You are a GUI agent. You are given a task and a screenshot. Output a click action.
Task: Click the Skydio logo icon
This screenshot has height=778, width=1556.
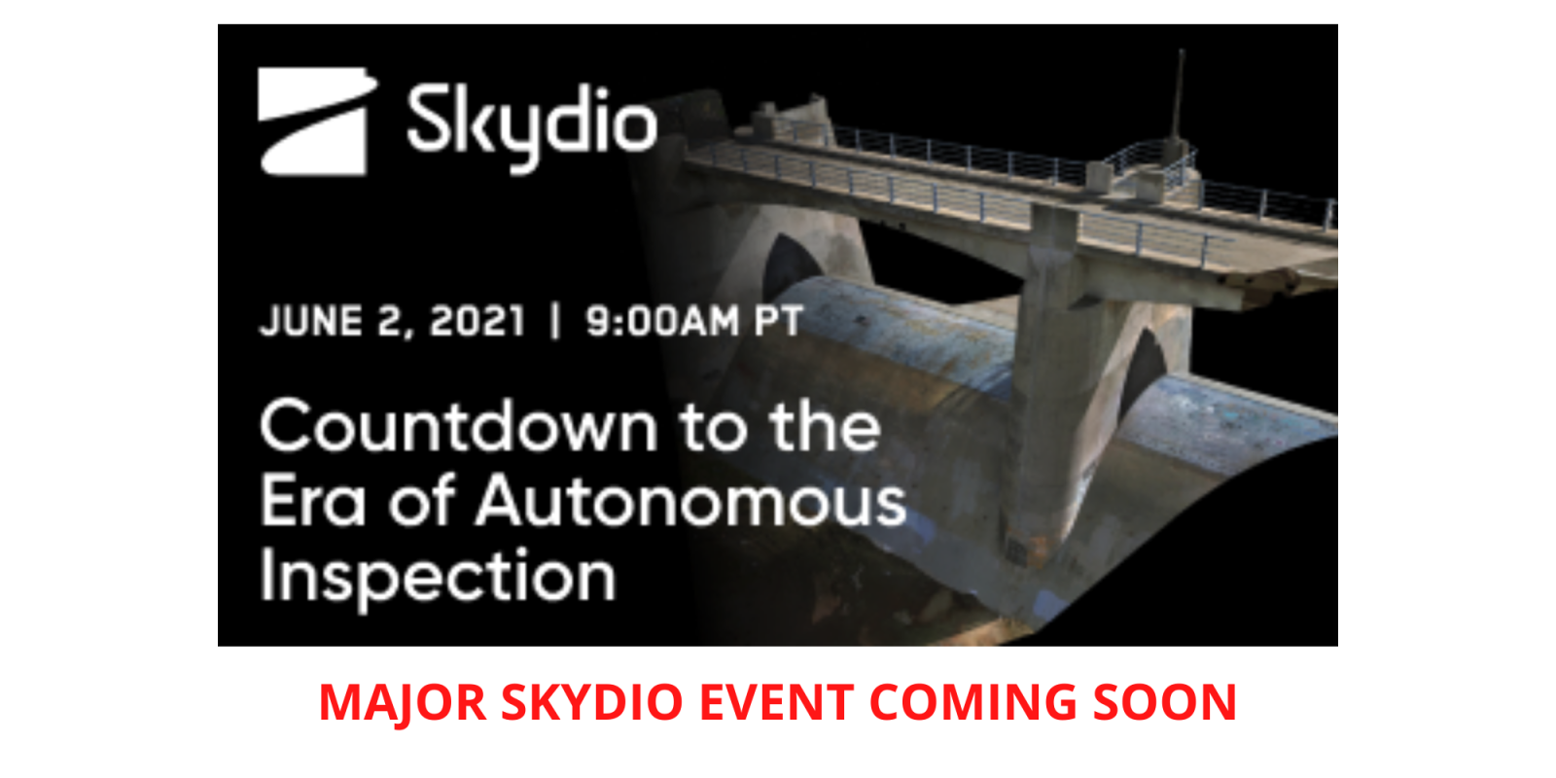(316, 122)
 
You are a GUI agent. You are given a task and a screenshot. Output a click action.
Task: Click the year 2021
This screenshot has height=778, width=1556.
(477, 322)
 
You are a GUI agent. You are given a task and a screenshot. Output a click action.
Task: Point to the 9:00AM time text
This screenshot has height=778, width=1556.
(662, 322)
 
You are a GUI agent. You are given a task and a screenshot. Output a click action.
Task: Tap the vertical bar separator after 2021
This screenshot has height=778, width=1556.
(554, 322)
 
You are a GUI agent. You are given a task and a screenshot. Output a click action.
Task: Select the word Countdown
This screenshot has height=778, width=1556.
(458, 426)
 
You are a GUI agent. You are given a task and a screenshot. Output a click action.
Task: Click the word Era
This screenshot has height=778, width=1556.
(312, 500)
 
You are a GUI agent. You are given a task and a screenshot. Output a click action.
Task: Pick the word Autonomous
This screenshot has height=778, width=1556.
(691, 500)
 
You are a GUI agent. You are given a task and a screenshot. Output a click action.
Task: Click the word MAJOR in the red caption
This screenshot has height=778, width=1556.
(403, 703)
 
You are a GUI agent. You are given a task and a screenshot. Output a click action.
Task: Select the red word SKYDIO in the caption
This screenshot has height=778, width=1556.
(592, 702)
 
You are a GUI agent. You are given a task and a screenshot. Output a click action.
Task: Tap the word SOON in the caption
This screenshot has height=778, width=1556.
(1165, 702)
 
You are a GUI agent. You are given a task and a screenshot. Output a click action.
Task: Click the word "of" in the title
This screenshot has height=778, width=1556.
(421, 500)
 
